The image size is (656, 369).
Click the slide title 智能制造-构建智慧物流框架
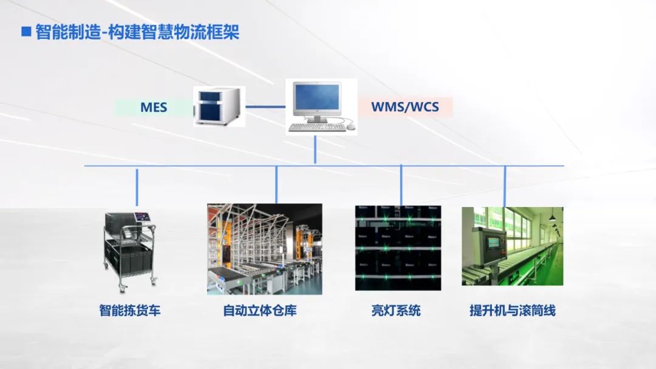(x=137, y=32)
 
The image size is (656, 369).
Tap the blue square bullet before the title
(x=26, y=32)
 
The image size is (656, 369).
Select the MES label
(x=153, y=108)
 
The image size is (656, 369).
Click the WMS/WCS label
(x=405, y=108)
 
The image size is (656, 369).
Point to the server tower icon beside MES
(x=219, y=106)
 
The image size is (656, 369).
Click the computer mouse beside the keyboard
(x=350, y=127)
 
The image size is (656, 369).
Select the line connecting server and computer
(x=265, y=107)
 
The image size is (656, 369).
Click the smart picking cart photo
(x=130, y=249)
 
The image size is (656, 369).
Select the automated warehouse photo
(x=264, y=249)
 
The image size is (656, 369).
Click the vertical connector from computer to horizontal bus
(x=315, y=149)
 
